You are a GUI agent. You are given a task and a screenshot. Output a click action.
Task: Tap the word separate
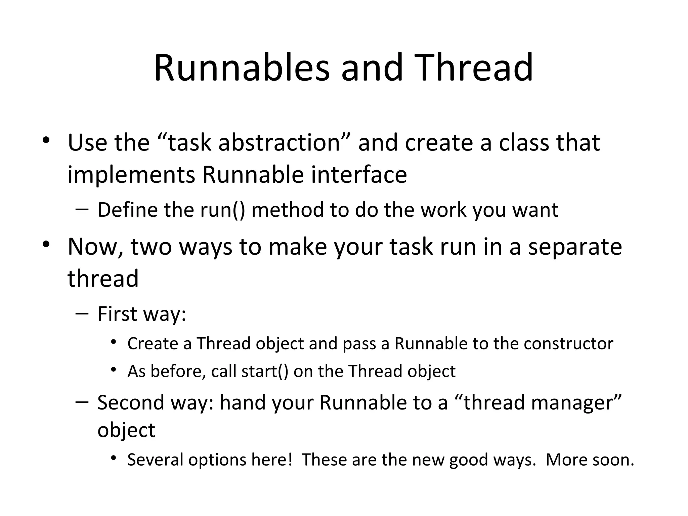pyautogui.click(x=575, y=247)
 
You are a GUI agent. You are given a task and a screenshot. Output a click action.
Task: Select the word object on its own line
pyautogui.click(x=126, y=430)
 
